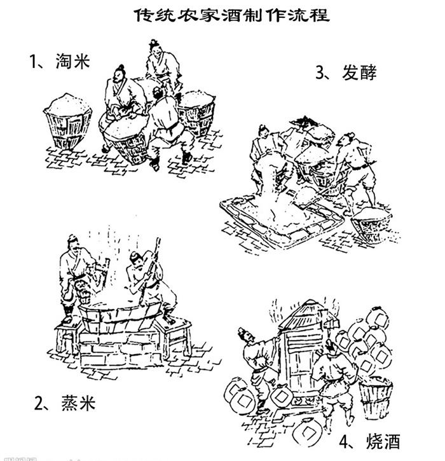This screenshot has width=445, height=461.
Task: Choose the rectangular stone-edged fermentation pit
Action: click(x=280, y=216)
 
